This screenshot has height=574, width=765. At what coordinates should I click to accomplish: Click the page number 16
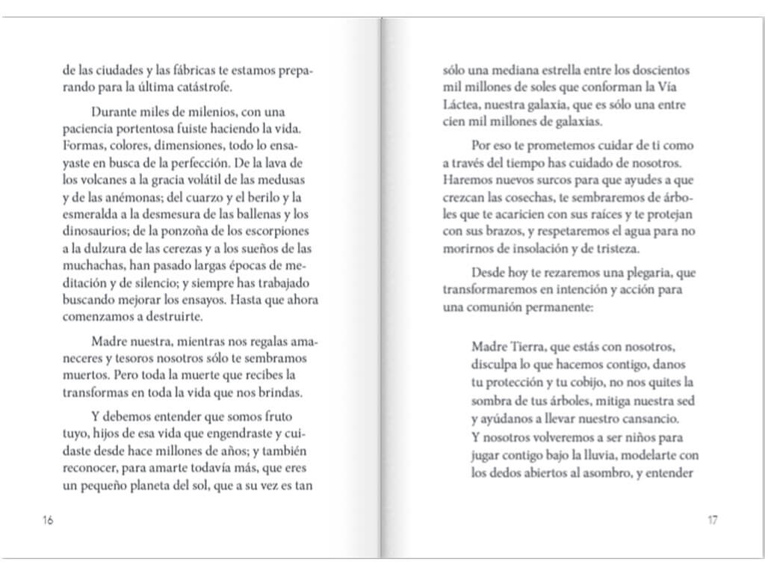[x=48, y=521]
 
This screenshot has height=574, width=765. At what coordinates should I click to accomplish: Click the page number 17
[x=712, y=521]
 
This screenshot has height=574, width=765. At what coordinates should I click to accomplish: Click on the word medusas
[x=283, y=181]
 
